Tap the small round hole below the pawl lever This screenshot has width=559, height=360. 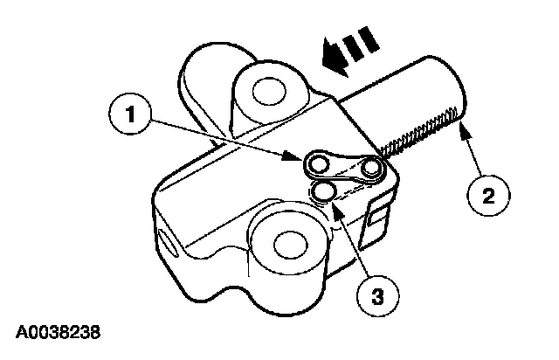[324, 190]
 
